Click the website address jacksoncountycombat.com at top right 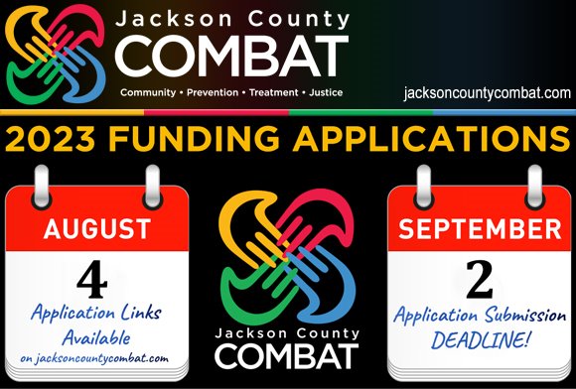pyautogui.click(x=488, y=92)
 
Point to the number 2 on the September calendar pyautogui.click(x=479, y=282)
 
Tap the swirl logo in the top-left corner pyautogui.click(x=58, y=56)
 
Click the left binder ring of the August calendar pyautogui.click(x=42, y=185)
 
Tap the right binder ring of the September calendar pyautogui.click(x=534, y=185)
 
